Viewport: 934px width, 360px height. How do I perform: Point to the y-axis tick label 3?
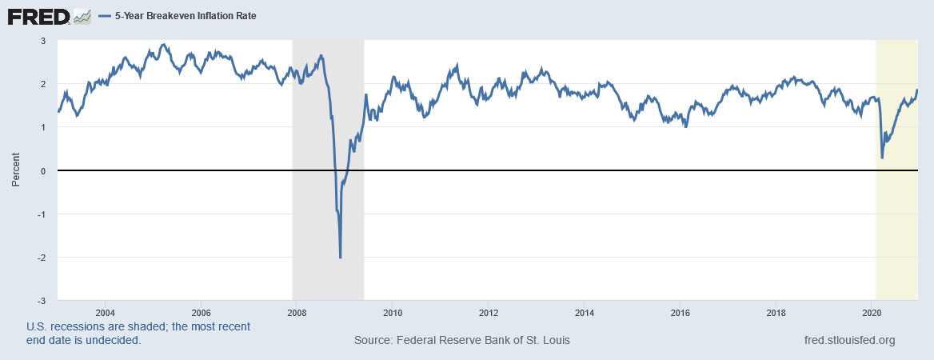[43, 40]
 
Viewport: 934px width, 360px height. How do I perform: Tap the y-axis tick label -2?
[42, 257]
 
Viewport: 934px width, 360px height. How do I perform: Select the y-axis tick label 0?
[43, 170]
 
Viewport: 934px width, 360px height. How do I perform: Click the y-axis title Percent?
[15, 170]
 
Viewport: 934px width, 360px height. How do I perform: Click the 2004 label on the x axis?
[105, 312]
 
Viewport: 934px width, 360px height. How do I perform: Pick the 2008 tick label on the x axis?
[296, 312]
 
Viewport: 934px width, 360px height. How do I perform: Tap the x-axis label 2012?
[489, 312]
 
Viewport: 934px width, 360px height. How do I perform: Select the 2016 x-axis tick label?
[681, 312]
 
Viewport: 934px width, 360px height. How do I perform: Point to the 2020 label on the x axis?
[873, 312]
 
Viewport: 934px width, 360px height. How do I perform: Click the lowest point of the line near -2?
[341, 257]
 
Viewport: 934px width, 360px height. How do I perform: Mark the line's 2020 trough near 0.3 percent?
[882, 158]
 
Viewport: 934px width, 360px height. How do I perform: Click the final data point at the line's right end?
[916, 90]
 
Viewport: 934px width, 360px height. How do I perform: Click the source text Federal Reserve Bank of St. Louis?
[461, 341]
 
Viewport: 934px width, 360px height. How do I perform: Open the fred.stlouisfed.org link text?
[848, 341]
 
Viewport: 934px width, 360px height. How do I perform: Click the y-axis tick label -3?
[42, 301]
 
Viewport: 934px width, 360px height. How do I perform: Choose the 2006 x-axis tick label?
[201, 312]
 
